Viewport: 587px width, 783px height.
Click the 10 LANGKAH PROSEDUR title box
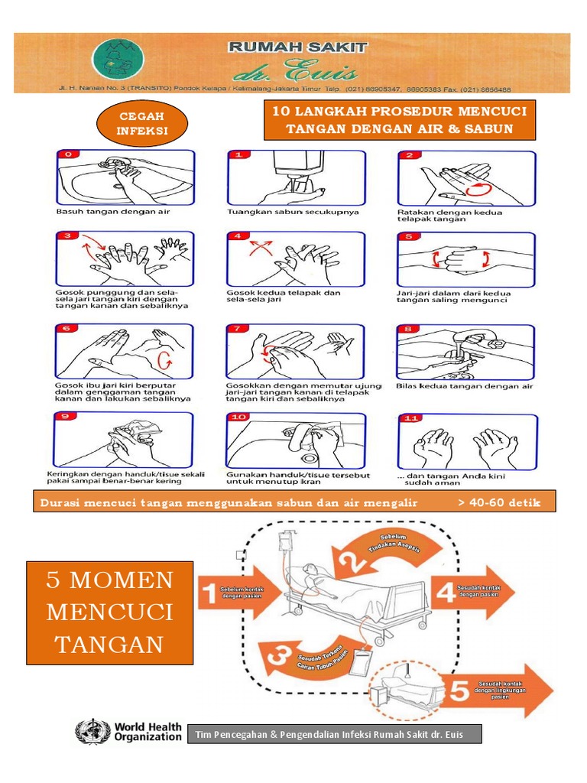click(x=400, y=120)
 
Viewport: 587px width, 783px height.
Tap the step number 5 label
click(x=410, y=236)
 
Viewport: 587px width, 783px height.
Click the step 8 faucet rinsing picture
click(x=466, y=352)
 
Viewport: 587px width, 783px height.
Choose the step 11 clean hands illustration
click(x=466, y=443)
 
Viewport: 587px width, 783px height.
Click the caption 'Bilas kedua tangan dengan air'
click(x=465, y=386)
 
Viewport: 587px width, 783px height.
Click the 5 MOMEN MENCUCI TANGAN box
click(x=110, y=612)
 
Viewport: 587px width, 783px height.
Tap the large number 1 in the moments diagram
click(x=208, y=593)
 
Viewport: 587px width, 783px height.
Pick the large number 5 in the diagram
click(x=457, y=692)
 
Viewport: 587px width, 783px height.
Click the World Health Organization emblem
click(x=92, y=733)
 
